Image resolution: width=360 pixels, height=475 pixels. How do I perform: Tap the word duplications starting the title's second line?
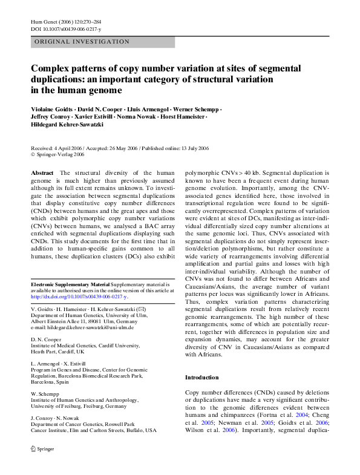(62, 79)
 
